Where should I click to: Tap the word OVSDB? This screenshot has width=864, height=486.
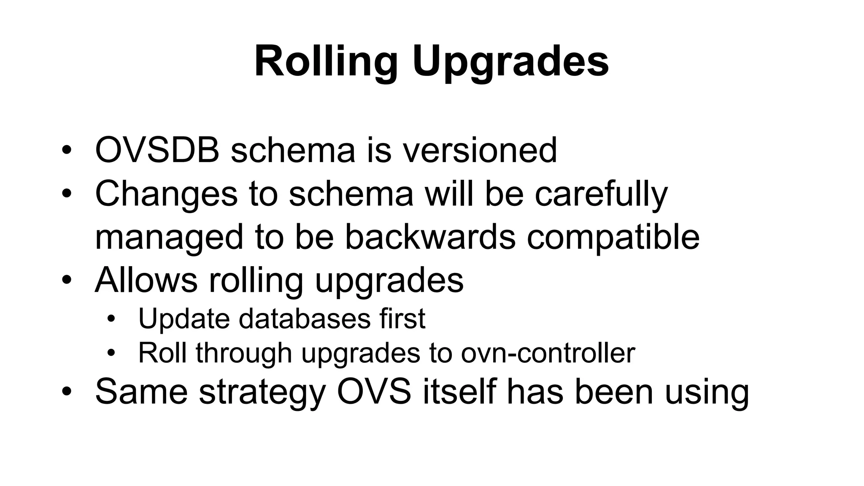157,150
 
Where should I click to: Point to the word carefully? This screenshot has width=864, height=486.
601,194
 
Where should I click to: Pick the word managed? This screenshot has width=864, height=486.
169,237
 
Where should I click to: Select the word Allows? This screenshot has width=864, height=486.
146,280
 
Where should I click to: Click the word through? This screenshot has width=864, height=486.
243,354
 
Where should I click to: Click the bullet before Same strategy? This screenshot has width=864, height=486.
66,392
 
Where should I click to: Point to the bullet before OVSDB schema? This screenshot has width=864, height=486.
66,151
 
